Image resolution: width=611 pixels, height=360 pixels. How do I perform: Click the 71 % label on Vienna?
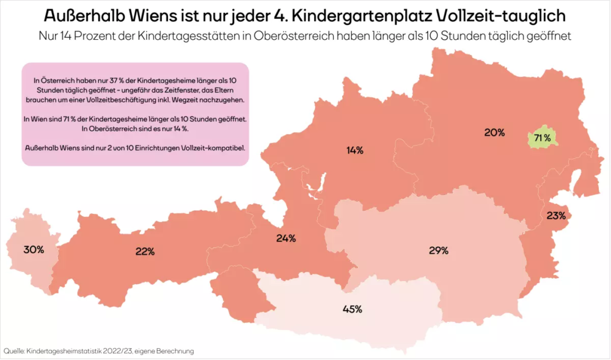(543, 138)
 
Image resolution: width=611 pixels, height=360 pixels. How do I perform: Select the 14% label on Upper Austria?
(354, 150)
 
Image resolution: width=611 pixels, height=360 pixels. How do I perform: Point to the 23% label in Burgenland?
(556, 215)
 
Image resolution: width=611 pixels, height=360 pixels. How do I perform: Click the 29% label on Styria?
(439, 250)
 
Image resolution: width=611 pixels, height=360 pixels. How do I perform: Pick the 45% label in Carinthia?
(353, 309)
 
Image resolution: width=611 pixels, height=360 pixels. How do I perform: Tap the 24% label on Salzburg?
(286, 238)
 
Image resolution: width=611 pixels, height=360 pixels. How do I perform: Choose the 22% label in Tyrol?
(145, 251)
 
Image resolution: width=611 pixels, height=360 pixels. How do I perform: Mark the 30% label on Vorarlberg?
(34, 249)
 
